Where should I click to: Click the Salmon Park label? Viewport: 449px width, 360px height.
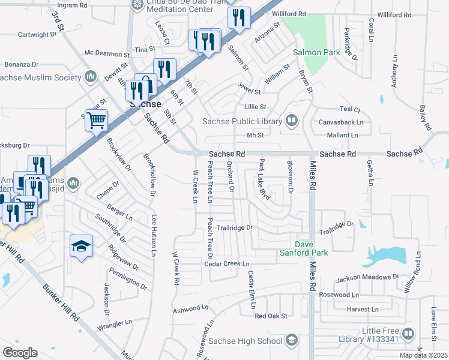click(316, 52)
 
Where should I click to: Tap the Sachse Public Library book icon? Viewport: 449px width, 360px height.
click(292, 121)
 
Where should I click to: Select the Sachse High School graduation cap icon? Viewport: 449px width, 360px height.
click(292, 341)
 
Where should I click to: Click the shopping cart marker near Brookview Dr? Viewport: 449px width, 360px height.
click(96, 121)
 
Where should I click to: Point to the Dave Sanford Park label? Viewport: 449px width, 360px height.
click(312, 248)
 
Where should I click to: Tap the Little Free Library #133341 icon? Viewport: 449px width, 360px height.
click(408, 333)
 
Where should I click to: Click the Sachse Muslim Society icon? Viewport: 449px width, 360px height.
click(91, 77)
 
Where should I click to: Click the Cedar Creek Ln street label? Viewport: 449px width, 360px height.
click(226, 264)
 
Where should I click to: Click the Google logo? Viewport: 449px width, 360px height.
click(20, 352)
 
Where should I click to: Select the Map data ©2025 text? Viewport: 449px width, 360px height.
click(424, 355)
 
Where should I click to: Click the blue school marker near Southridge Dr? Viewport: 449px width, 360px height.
click(81, 246)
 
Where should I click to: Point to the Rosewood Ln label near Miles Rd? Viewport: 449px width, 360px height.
click(339, 295)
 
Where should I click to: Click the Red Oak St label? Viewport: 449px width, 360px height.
click(271, 316)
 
